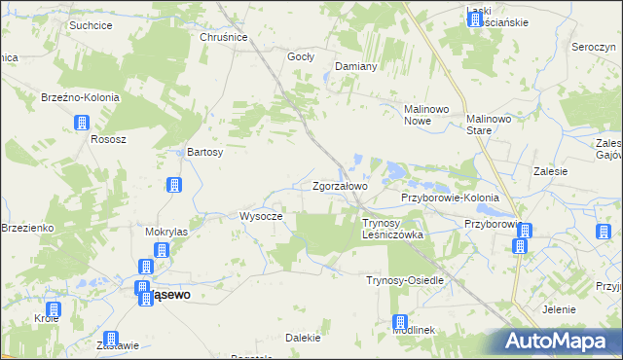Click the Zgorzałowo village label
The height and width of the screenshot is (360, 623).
tap(340, 186)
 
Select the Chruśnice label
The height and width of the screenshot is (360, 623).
tap(224, 37)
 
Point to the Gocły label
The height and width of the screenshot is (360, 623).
tap(301, 56)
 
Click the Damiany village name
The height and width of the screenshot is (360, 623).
tap(355, 66)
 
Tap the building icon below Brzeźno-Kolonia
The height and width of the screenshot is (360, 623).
tap(82, 123)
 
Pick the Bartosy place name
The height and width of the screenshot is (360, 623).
tap(205, 153)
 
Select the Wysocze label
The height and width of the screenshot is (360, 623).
tap(261, 216)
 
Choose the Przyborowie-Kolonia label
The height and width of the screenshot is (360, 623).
tap(450, 198)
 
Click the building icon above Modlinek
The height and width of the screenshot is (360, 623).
tap(400, 322)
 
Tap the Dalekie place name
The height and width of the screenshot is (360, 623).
tap(303, 338)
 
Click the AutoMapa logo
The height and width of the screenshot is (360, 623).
tap(563, 341)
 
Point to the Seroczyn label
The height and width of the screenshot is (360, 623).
tap(597, 48)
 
